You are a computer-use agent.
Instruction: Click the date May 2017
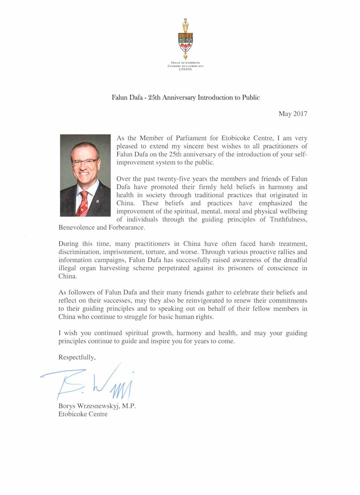293,114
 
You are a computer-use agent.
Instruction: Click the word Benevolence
76,228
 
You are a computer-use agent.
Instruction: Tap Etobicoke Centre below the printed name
83,414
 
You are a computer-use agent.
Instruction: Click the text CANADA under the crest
185,69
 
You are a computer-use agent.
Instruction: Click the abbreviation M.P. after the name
129,406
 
